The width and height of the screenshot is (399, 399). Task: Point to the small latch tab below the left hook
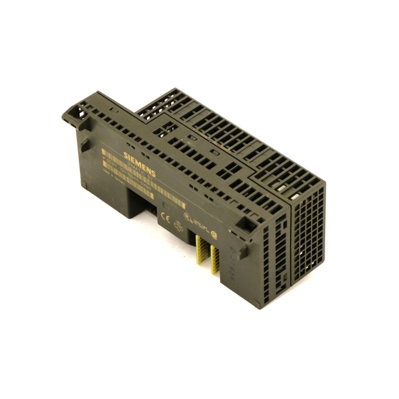coord(84,145)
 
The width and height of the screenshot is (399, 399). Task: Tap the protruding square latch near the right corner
coord(243,252)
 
